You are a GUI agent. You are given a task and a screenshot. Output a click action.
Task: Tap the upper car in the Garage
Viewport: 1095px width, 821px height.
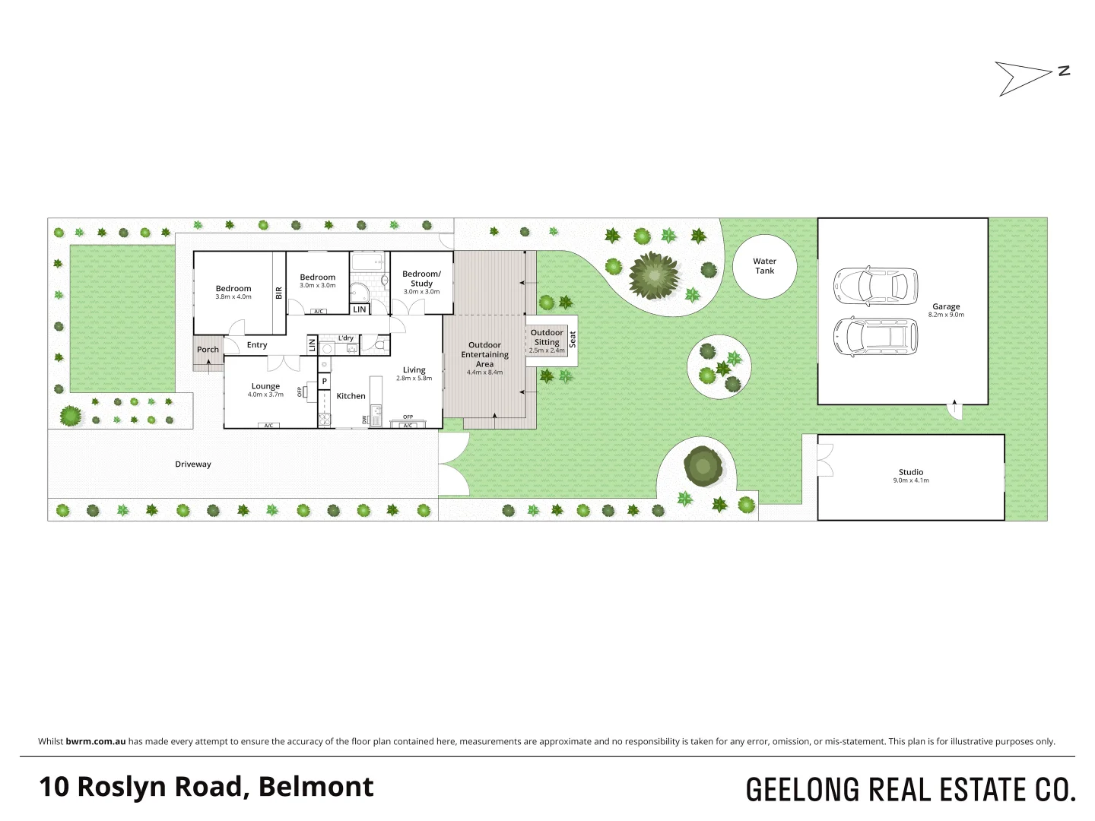[x=875, y=286]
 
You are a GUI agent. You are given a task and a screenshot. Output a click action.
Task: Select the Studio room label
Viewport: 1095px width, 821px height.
[x=910, y=472]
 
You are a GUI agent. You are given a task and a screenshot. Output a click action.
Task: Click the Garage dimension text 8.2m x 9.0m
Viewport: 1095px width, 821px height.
[x=946, y=315]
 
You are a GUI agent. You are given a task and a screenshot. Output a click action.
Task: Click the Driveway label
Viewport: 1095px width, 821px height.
[x=193, y=464]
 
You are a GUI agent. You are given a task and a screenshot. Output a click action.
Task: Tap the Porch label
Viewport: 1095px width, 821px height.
[x=208, y=350]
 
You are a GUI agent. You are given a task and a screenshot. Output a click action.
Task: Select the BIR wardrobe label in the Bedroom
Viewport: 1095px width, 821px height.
[x=279, y=293]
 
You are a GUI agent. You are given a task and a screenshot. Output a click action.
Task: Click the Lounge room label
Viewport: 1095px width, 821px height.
[x=265, y=386]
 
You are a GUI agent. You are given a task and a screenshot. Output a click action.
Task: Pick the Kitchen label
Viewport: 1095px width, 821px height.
[x=351, y=396]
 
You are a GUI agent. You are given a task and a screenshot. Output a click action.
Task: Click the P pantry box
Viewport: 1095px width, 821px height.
[x=325, y=382]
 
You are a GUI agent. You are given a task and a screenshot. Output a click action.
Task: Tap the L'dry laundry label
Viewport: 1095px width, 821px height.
[x=346, y=338]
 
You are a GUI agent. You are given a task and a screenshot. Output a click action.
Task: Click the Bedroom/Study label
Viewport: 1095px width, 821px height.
[x=421, y=278]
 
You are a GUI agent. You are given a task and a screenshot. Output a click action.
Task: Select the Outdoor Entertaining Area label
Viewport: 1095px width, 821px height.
[x=484, y=354]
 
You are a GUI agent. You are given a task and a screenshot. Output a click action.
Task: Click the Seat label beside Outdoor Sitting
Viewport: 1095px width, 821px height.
[x=573, y=340]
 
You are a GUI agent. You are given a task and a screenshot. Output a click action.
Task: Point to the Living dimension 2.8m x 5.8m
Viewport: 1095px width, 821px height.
[x=414, y=378]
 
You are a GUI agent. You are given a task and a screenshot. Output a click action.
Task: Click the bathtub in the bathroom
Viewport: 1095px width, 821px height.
[x=368, y=263]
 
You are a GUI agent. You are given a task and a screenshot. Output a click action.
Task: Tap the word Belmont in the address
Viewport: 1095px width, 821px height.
[x=316, y=787]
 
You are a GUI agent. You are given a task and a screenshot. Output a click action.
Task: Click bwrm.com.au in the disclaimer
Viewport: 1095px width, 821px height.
[x=96, y=741]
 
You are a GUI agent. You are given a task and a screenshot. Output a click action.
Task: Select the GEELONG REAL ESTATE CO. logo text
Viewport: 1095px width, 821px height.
[x=910, y=790]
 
